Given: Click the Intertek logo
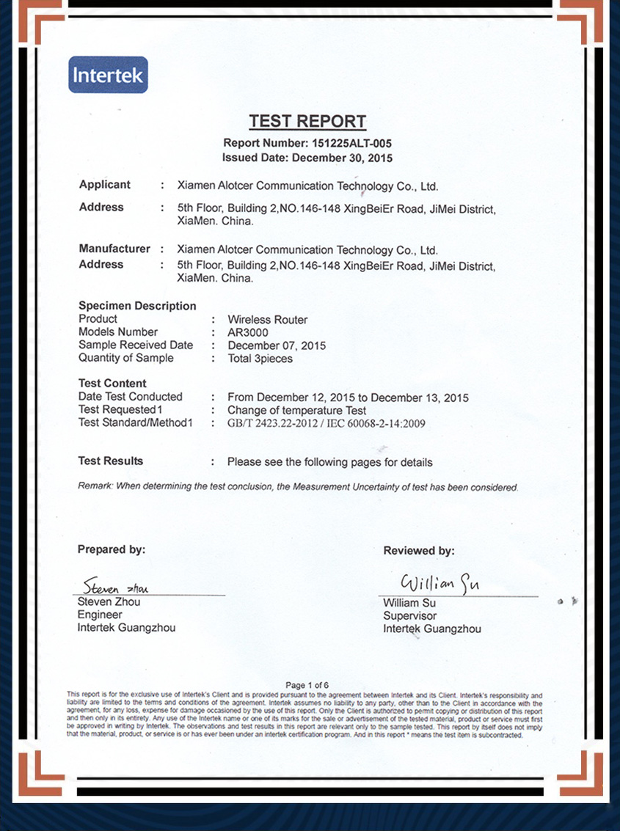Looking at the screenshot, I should [108, 75].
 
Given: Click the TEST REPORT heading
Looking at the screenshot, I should [307, 122].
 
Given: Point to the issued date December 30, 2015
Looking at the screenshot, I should [342, 158].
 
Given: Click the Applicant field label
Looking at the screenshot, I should [105, 185].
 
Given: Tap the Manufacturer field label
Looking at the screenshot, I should [114, 249].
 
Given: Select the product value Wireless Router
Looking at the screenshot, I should [267, 320].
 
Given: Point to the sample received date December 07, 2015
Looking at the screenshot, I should [277, 345].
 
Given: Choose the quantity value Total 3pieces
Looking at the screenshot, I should [260, 359].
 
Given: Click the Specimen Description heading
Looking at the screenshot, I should [137, 306].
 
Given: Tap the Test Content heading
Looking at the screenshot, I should [112, 383].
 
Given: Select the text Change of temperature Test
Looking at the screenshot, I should [296, 410].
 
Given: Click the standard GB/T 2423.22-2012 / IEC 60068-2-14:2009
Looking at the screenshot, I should [326, 423].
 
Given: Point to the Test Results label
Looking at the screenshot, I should [111, 461].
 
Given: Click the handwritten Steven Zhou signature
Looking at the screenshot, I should [116, 587].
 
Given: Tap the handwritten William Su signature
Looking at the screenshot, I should [440, 584].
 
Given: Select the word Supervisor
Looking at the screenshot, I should [409, 616].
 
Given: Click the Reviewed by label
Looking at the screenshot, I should [418, 551].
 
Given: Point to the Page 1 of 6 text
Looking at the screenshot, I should [307, 685].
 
